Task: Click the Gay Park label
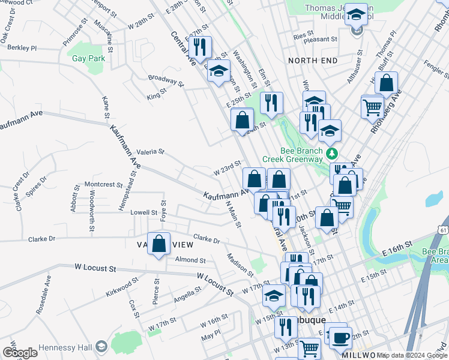click(88, 59)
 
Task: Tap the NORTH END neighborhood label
click(313, 61)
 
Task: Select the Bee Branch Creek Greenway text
click(293, 155)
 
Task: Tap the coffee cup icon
click(340, 337)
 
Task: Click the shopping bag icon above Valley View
click(158, 244)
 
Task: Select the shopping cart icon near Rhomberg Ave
click(373, 108)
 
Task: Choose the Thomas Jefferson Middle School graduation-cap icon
click(357, 14)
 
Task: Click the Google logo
click(20, 353)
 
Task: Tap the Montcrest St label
click(103, 185)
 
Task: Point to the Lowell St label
click(143, 212)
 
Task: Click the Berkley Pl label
click(22, 47)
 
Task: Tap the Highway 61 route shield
click(443, 230)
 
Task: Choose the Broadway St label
click(165, 79)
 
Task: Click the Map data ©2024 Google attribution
click(412, 355)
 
